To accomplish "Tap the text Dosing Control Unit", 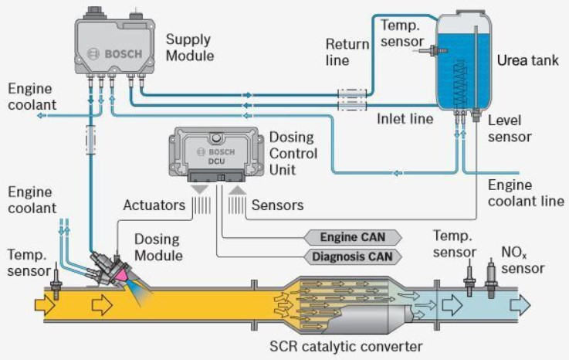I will click(290, 154).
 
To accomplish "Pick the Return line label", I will click(347, 52).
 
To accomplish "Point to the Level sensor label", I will click(510, 128).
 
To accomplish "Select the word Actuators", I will click(153, 205).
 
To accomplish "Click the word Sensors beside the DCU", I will click(277, 205).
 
